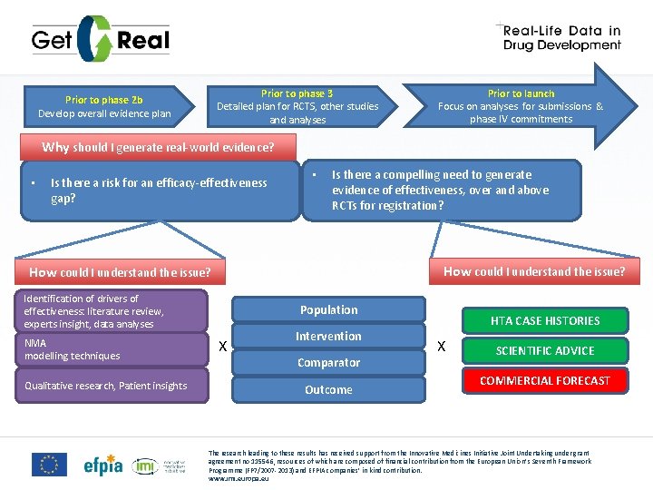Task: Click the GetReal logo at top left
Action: click(x=100, y=40)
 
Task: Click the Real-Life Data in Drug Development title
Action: click(x=561, y=38)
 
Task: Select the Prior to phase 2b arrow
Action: click(x=104, y=106)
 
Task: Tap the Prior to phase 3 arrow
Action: click(x=297, y=106)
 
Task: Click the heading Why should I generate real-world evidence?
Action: click(x=158, y=147)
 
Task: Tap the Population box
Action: click(x=328, y=309)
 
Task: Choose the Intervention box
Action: click(x=328, y=336)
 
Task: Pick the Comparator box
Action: click(x=328, y=362)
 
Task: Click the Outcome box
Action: click(x=328, y=389)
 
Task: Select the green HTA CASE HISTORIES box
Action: click(x=545, y=320)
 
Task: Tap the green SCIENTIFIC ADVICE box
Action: click(x=545, y=350)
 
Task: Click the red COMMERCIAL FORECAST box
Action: click(x=545, y=380)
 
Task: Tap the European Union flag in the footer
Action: click(x=49, y=465)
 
